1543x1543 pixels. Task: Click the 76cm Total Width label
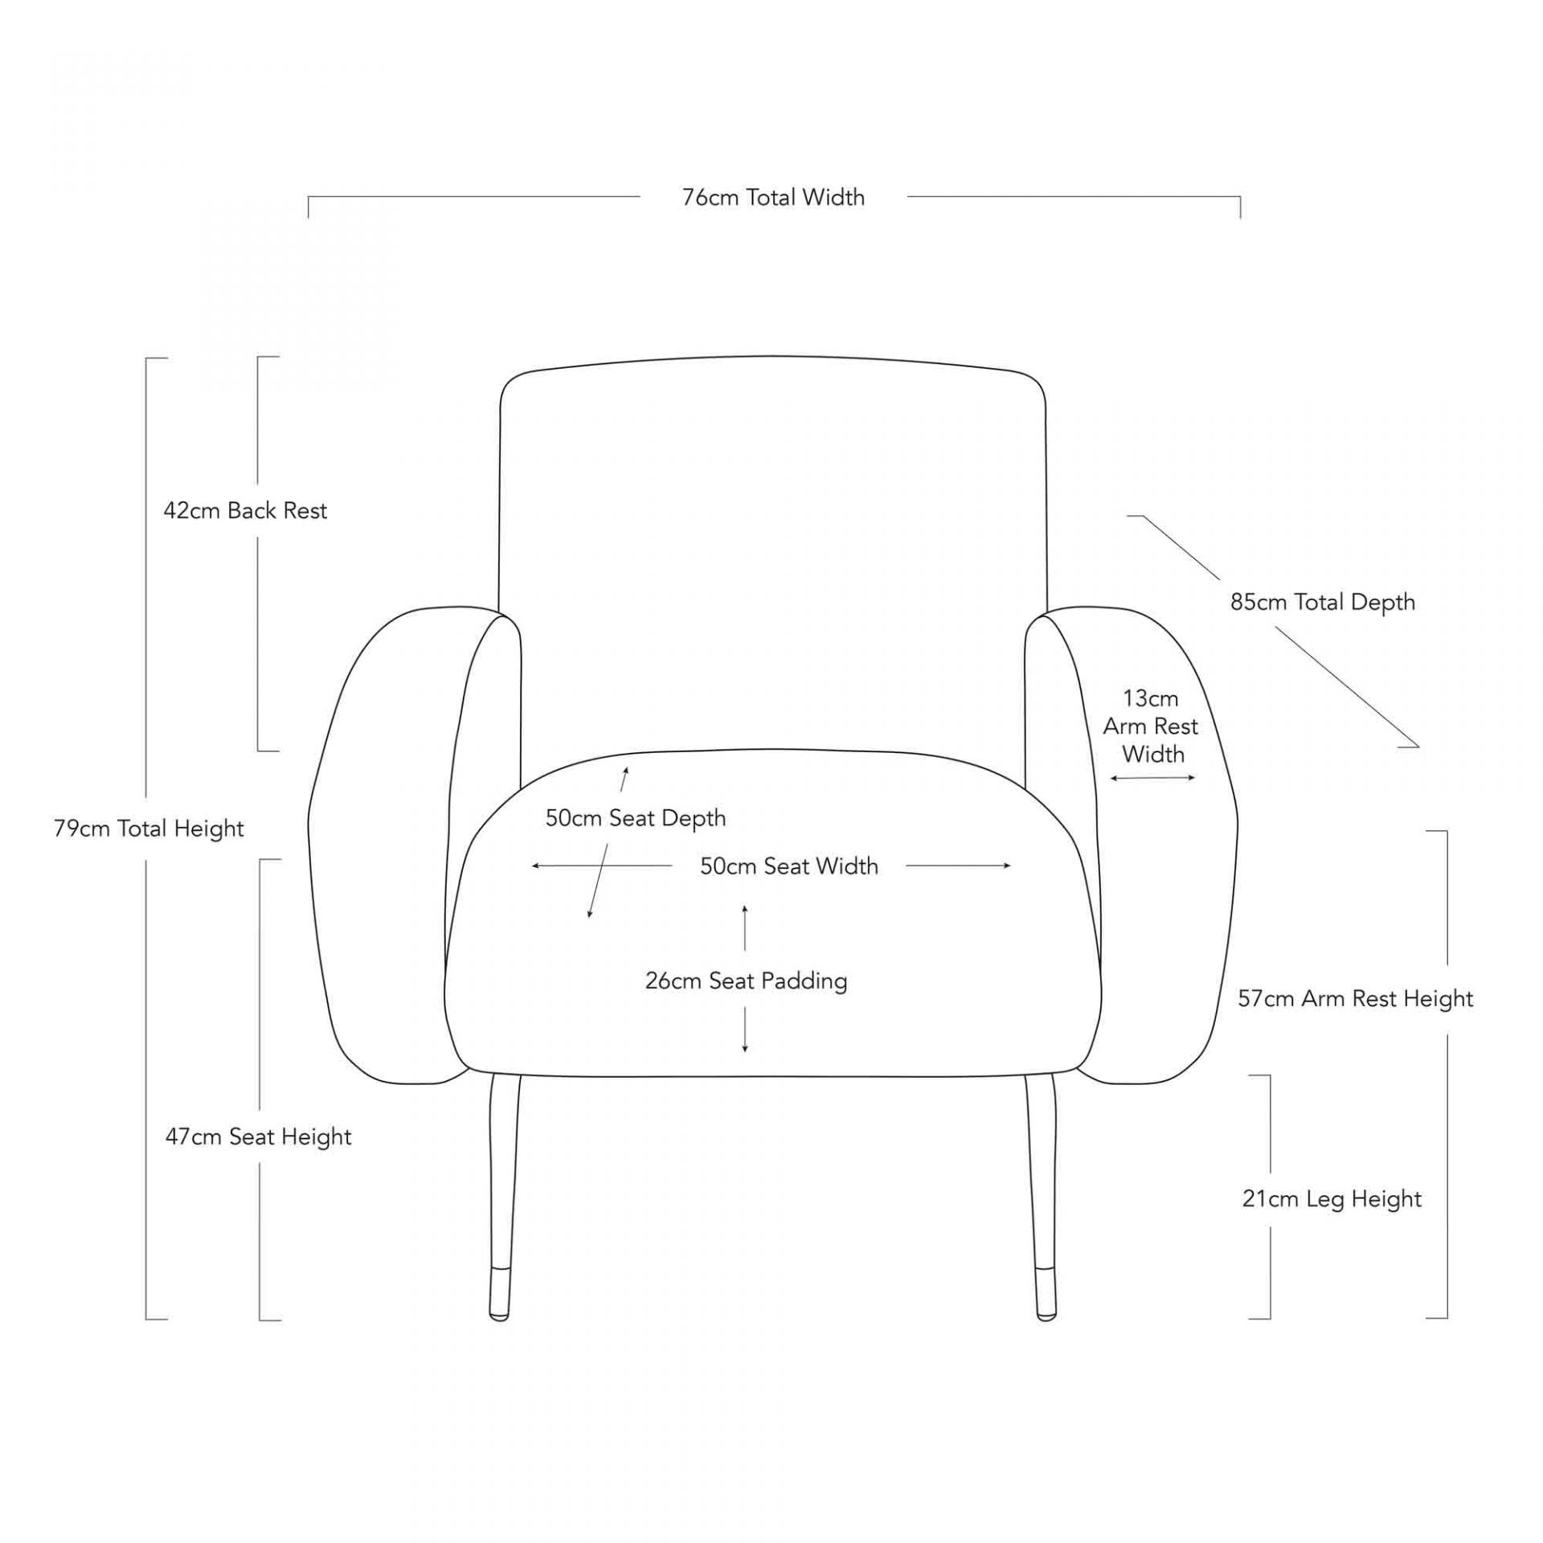(x=773, y=198)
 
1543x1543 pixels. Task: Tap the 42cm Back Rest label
(x=245, y=511)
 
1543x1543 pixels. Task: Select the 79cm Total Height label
(x=149, y=829)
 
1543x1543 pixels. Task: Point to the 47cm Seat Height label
(x=258, y=1137)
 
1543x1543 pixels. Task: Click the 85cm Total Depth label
(x=1322, y=603)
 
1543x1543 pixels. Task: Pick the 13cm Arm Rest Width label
(x=1151, y=726)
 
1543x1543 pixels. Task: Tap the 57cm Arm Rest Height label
(x=1355, y=999)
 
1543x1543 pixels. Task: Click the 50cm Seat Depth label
(x=635, y=818)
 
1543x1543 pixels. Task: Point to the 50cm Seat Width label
(x=788, y=866)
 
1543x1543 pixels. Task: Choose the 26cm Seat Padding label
(x=746, y=981)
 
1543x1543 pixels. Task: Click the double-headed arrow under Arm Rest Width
(x=1152, y=777)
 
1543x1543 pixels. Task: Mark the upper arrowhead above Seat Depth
(x=625, y=772)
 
